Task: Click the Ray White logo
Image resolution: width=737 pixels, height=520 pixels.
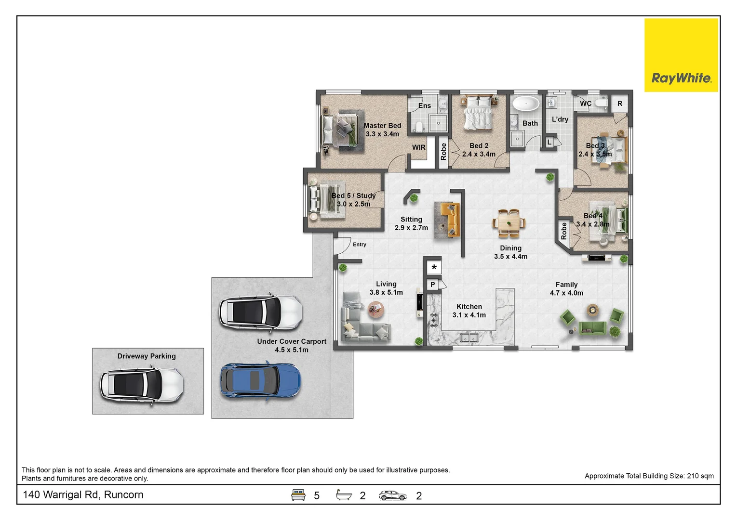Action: (x=681, y=55)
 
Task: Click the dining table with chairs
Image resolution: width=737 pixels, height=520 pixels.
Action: (x=509, y=223)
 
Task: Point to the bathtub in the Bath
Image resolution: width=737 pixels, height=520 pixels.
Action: (x=526, y=104)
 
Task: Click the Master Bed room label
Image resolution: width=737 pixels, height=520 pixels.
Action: (x=382, y=130)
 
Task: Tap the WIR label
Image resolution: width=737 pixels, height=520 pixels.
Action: (x=418, y=147)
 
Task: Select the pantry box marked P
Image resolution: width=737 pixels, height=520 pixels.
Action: (x=433, y=285)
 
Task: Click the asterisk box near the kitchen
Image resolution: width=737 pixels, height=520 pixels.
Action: (x=434, y=267)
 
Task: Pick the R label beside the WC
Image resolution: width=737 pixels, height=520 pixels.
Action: (x=620, y=104)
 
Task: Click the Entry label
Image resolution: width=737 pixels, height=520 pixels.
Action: (x=359, y=244)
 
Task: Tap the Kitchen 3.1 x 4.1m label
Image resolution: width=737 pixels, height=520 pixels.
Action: (x=469, y=311)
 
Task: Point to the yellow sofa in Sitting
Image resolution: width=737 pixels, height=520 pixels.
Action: (x=449, y=220)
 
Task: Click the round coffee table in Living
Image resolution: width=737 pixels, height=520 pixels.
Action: (x=376, y=309)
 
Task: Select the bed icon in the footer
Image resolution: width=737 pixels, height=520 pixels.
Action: (x=298, y=494)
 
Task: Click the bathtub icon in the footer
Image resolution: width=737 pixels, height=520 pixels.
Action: (x=344, y=494)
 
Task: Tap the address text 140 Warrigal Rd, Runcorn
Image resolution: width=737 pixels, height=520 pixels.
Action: (x=83, y=494)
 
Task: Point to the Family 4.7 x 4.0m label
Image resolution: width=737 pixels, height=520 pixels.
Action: (x=566, y=288)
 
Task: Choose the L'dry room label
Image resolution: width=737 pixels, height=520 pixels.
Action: (x=560, y=119)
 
